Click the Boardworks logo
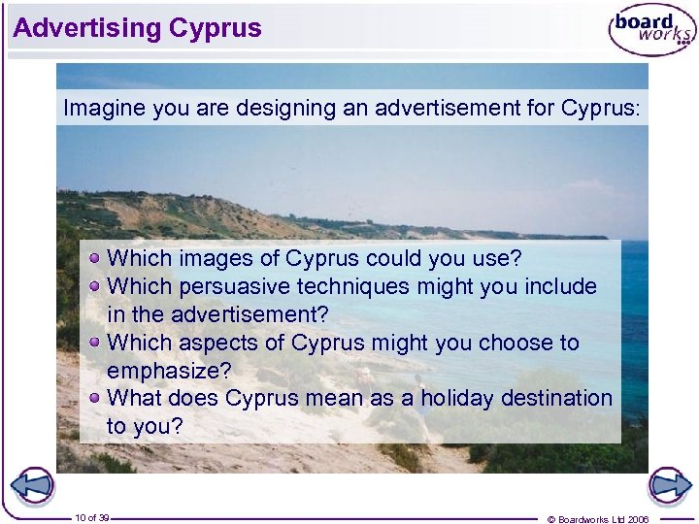(650, 31)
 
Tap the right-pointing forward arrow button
(669, 485)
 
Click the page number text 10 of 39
(92, 517)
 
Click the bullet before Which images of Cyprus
(95, 258)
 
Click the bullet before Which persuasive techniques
(95, 286)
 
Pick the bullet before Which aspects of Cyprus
(95, 342)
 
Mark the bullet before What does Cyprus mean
(95, 397)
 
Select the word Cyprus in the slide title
(215, 28)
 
